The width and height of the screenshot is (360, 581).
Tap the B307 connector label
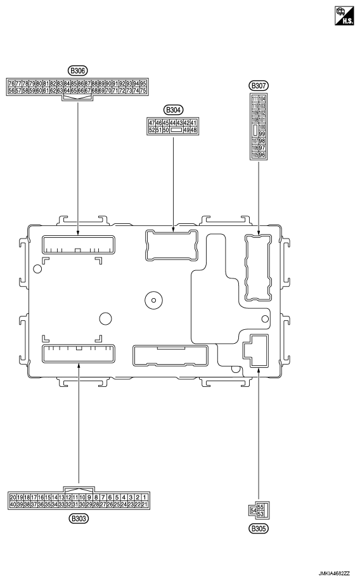(258, 86)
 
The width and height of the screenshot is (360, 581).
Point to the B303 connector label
(79, 518)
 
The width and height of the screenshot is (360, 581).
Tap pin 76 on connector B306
(11, 83)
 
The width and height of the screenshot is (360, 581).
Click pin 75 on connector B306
(144, 91)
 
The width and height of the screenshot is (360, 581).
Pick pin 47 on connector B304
(151, 122)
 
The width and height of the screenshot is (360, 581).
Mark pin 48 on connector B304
(194, 129)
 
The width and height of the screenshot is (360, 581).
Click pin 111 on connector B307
(255, 99)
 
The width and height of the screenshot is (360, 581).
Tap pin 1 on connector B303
(145, 497)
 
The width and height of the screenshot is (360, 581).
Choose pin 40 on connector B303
(13, 504)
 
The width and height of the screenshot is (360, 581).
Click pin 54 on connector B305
(254, 510)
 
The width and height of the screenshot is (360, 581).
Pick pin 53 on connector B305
(261, 513)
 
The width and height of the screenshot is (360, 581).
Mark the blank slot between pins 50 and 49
(177, 129)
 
